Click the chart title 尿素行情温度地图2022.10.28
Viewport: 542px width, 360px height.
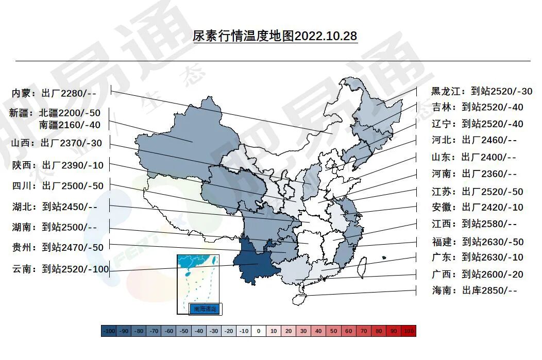point(275,37)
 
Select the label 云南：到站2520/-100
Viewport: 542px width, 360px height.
point(61,268)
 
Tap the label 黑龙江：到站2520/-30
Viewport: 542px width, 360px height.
point(481,91)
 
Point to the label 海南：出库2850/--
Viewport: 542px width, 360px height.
point(474,290)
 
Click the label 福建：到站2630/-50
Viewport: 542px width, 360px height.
point(477,242)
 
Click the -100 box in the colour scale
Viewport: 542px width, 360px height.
point(109,331)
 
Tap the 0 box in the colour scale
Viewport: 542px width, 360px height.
point(259,331)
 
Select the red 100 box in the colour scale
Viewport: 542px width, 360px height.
point(409,331)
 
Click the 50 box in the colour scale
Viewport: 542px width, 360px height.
point(334,331)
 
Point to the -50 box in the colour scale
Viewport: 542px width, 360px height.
point(184,331)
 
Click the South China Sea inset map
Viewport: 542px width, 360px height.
point(199,281)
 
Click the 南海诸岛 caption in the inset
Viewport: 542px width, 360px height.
point(205,309)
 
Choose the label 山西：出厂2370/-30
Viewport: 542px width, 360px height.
point(57,143)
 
